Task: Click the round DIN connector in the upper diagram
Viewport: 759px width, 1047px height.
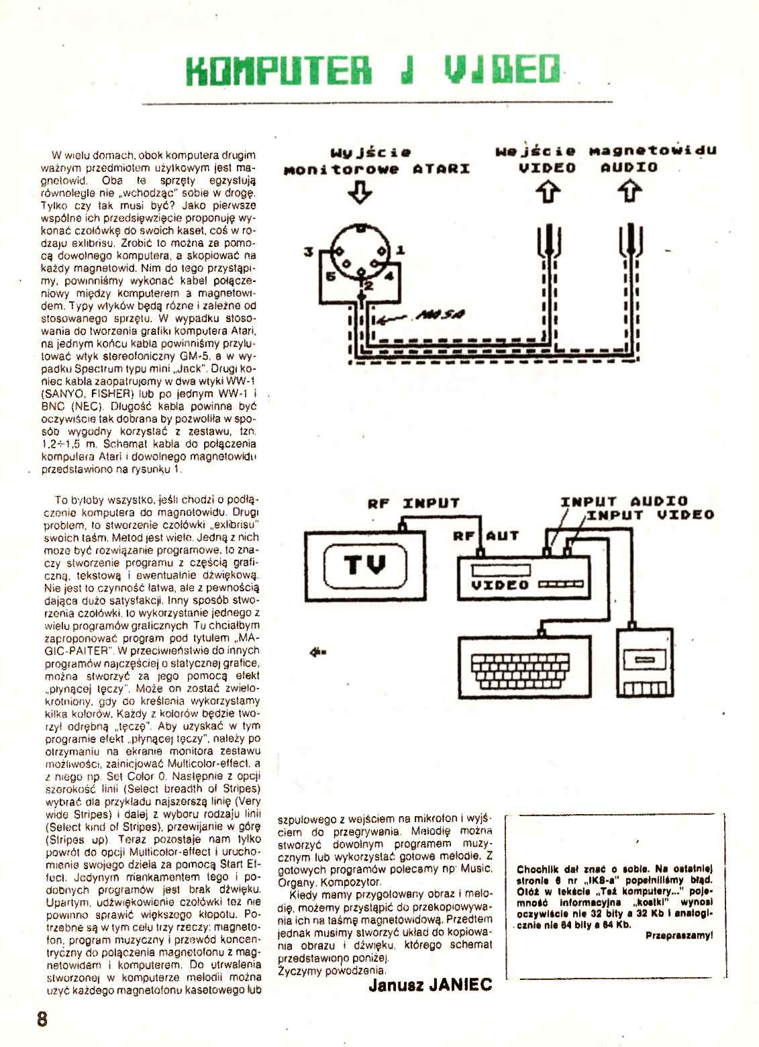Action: point(362,251)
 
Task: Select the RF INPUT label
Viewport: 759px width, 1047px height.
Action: point(413,503)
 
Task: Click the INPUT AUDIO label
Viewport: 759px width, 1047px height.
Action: point(624,501)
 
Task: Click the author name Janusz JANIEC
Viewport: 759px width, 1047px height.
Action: point(430,985)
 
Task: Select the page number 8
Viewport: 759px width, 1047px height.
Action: point(42,1017)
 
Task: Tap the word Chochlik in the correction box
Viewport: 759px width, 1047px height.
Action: point(538,869)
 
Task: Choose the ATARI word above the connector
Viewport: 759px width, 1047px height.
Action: point(441,168)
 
